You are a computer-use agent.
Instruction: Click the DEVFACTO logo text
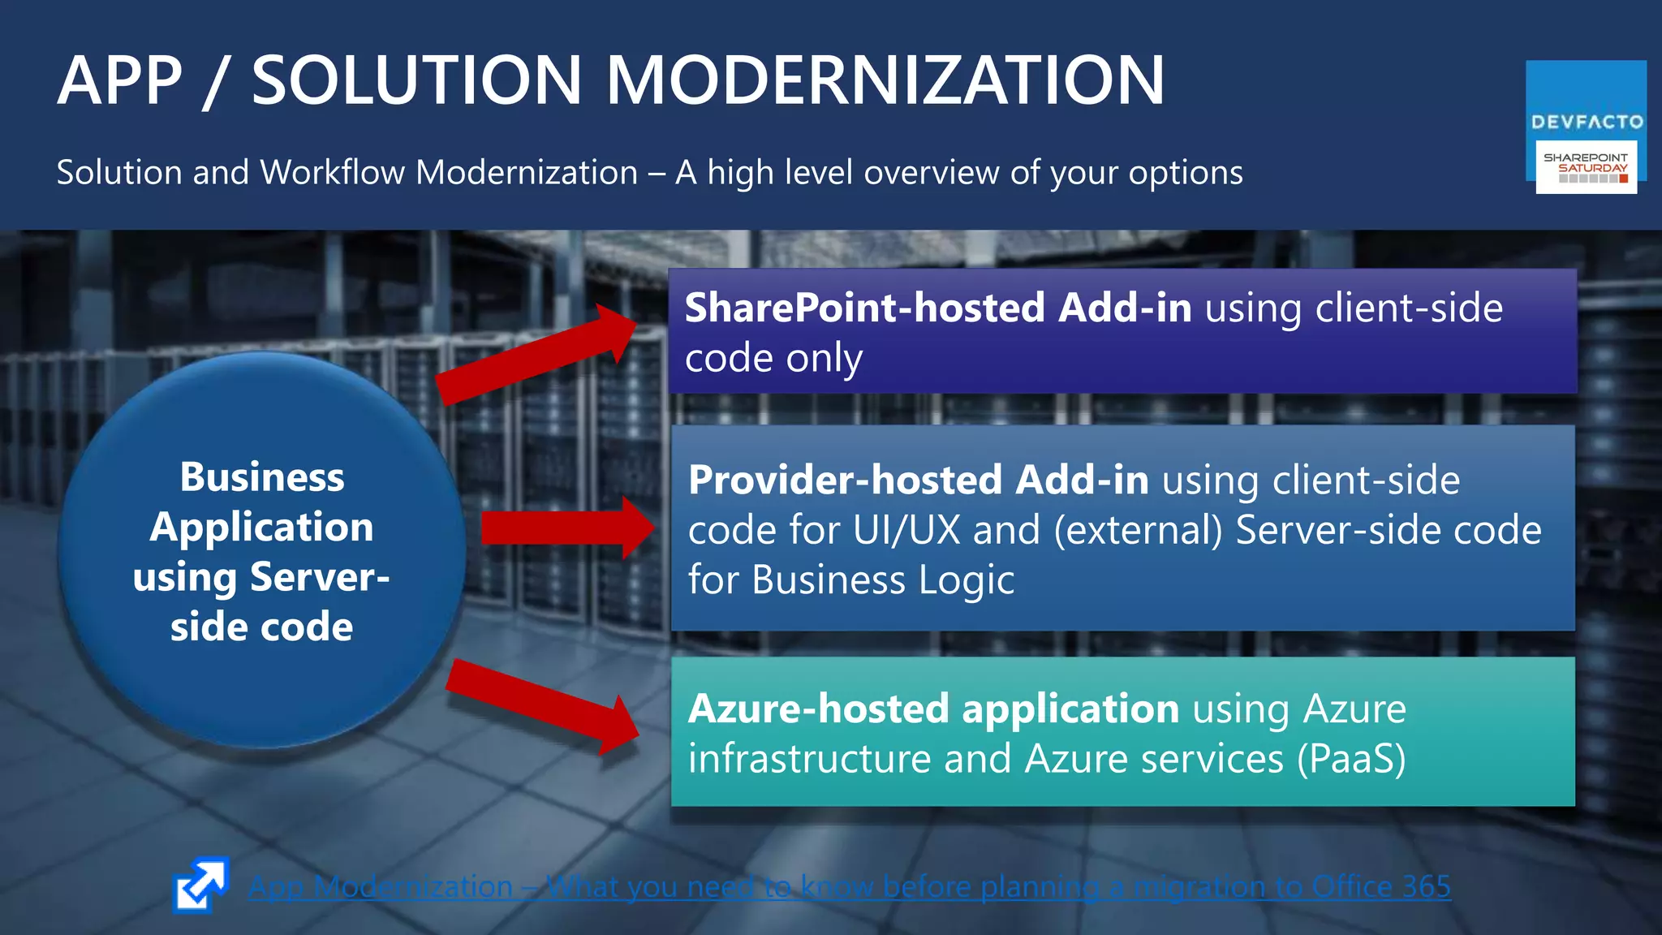click(x=1587, y=123)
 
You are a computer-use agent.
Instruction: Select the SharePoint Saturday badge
click(x=1586, y=167)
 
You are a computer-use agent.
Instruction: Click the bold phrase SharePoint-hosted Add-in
click(x=937, y=308)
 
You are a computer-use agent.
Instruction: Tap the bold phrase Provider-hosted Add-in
click(x=918, y=480)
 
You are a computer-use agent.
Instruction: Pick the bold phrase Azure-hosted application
click(x=933, y=709)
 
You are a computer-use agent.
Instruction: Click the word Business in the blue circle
click(x=262, y=476)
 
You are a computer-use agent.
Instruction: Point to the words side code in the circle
click(x=261, y=627)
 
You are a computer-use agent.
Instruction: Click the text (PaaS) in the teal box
click(x=1350, y=760)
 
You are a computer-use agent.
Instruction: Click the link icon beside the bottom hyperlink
click(x=200, y=885)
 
